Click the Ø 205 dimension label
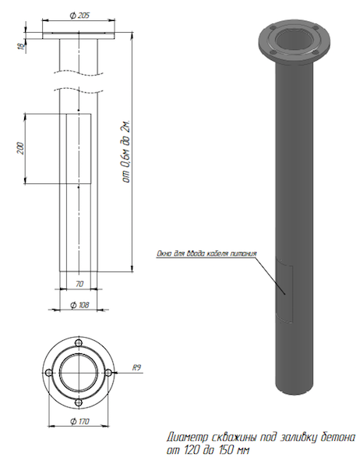tap(79, 16)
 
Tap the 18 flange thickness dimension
tap(21, 46)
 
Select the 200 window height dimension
tap(20, 148)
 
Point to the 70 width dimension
tap(79, 284)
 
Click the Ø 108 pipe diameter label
tap(79, 305)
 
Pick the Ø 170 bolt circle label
tap(79, 421)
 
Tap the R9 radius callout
tap(136, 367)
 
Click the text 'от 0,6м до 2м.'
tap(126, 151)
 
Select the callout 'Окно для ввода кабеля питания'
tap(206, 253)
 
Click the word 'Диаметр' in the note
tap(187, 438)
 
